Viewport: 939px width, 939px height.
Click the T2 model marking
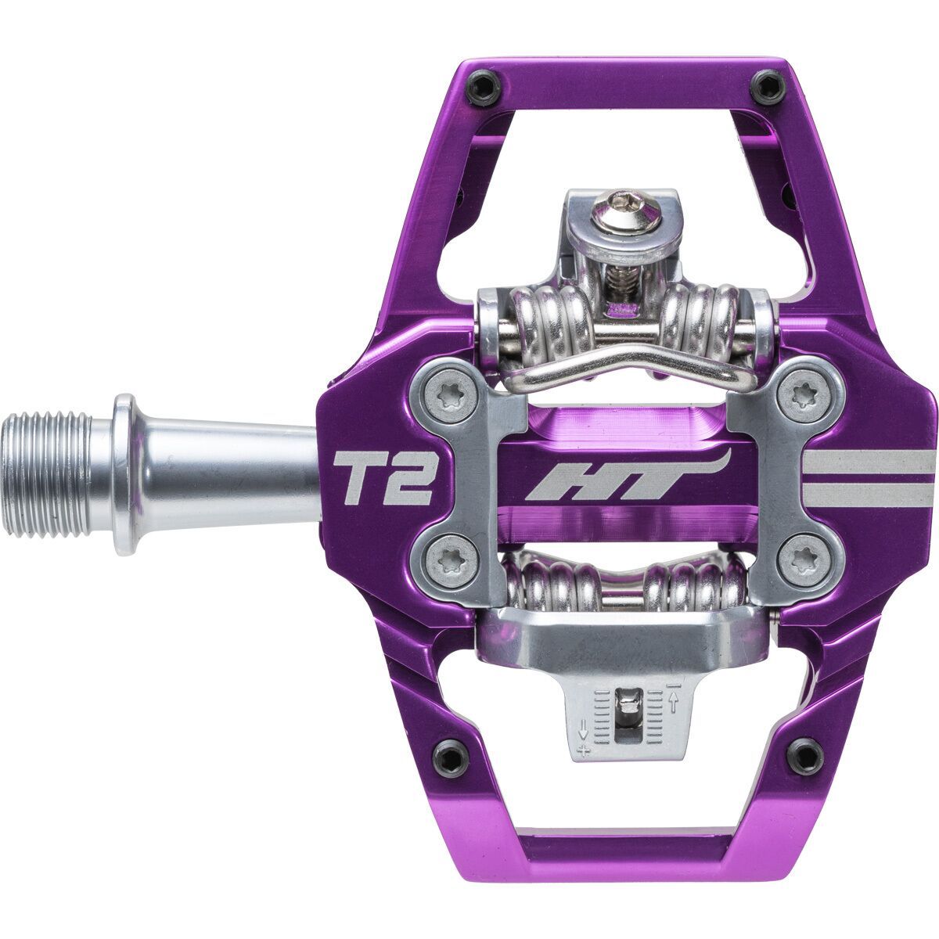coord(384,478)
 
